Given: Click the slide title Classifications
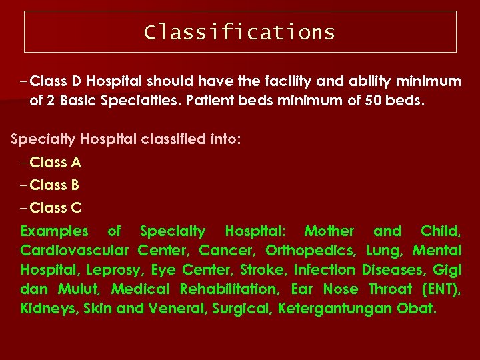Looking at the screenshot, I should point(239,32).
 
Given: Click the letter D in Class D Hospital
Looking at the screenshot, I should point(76,81).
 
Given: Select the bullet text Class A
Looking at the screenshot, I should point(55,162).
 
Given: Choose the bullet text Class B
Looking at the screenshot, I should point(55,185).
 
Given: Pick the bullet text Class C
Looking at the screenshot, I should point(55,207).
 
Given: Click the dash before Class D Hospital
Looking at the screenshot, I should point(24,82).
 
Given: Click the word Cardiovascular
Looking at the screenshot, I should point(74,251).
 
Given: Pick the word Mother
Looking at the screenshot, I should point(329,231).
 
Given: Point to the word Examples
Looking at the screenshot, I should point(54,231).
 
